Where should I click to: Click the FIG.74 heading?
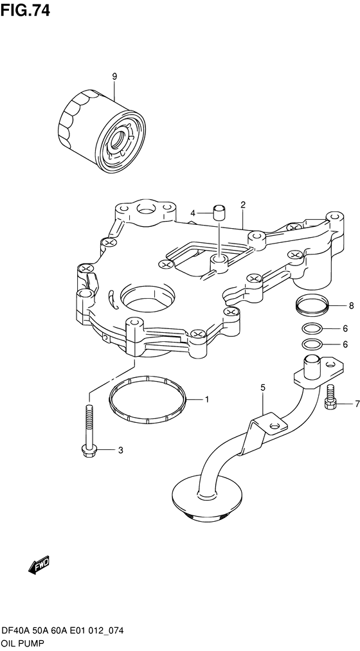[x=25, y=10]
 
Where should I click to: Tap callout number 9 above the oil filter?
[x=114, y=76]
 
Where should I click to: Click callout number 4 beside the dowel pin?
[x=193, y=213]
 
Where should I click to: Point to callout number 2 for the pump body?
[x=243, y=204]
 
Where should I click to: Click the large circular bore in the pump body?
[x=147, y=298]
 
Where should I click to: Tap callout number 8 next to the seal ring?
[x=351, y=307]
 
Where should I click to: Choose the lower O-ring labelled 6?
[x=310, y=344]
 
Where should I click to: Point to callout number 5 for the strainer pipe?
[x=262, y=388]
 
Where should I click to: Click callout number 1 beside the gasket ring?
[x=206, y=400]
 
